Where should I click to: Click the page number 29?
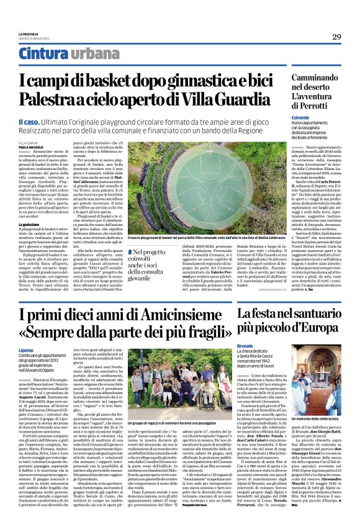(336, 37)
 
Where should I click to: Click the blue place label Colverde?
(301, 117)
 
